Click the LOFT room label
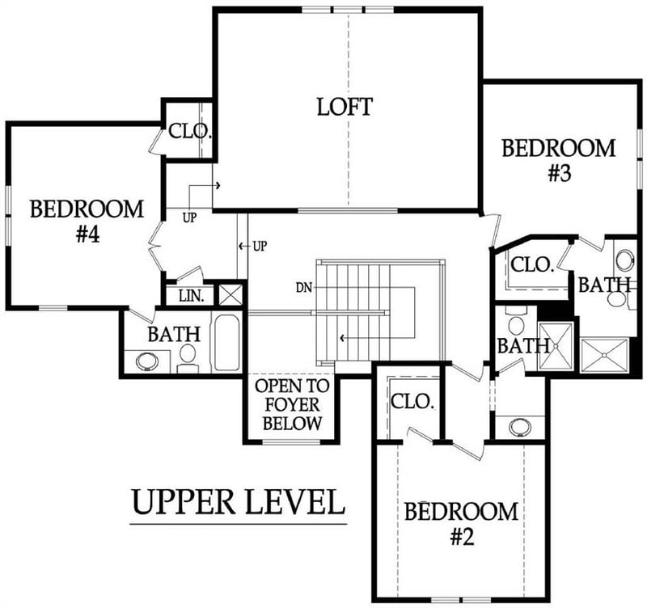tap(345, 106)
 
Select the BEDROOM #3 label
tap(559, 161)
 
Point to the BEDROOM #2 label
tap(461, 524)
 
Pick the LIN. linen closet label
tap(190, 297)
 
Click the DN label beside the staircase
tap(304, 287)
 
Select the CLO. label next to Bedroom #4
tap(189, 130)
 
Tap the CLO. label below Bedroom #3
tap(533, 264)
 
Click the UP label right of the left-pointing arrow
tap(260, 245)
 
